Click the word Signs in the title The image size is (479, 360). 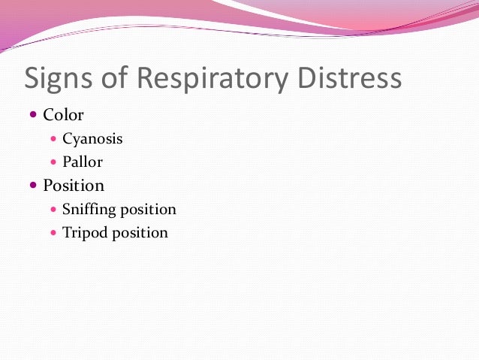pos(63,79)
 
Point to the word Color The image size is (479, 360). pos(64,115)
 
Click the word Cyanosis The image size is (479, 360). pos(92,139)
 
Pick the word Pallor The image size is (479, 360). pos(83,162)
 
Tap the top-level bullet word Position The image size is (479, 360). pos(74,185)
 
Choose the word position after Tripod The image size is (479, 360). pos(140,233)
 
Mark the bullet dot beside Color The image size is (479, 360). pos(34,115)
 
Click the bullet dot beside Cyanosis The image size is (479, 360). pos(53,139)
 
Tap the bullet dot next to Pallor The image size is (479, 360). pos(53,162)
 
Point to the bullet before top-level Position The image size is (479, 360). pos(34,185)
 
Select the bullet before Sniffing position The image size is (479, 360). pos(53,210)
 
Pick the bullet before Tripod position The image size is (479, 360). pos(53,232)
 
